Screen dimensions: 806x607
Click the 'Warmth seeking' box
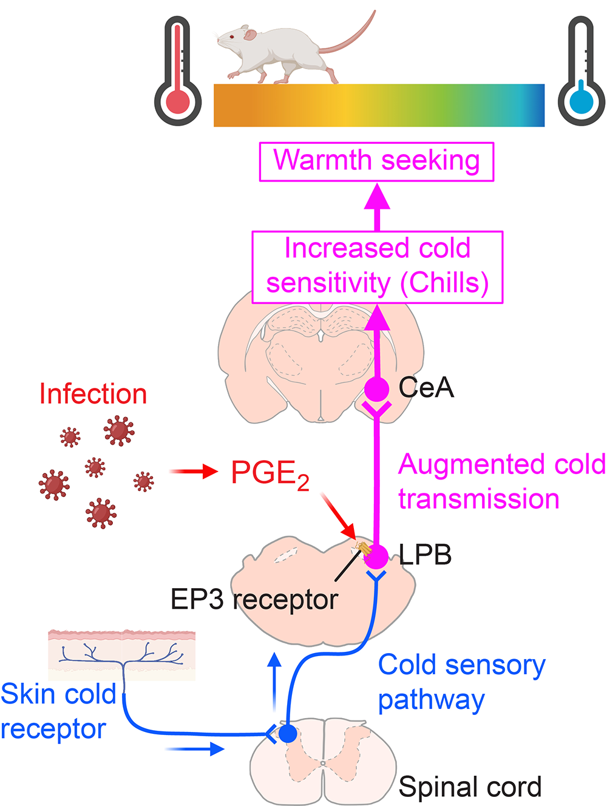(376, 161)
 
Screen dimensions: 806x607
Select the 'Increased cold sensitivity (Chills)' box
(377, 266)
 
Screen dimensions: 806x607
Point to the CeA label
(426, 388)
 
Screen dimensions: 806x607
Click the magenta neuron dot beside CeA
(376, 388)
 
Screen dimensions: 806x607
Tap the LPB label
(425, 555)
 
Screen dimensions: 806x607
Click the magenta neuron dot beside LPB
(376, 556)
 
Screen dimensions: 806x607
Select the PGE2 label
(270, 474)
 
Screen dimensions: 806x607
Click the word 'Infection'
(93, 395)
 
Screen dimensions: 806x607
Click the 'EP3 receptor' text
(254, 600)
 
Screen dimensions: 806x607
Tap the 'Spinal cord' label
(470, 787)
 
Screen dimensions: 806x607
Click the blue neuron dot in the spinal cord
(288, 733)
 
